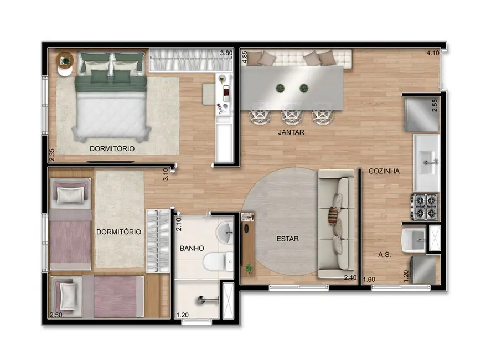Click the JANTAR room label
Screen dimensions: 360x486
[x=292, y=133]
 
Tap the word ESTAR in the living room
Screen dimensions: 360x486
[x=287, y=239]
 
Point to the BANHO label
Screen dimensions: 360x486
[x=192, y=248]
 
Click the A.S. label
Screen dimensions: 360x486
[x=385, y=255]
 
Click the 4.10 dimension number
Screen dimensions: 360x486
[x=432, y=53]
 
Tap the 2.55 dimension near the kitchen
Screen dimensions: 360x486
[x=435, y=105]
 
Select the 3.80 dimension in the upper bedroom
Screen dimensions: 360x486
[x=226, y=53]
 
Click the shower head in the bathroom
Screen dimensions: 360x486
[x=206, y=300]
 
